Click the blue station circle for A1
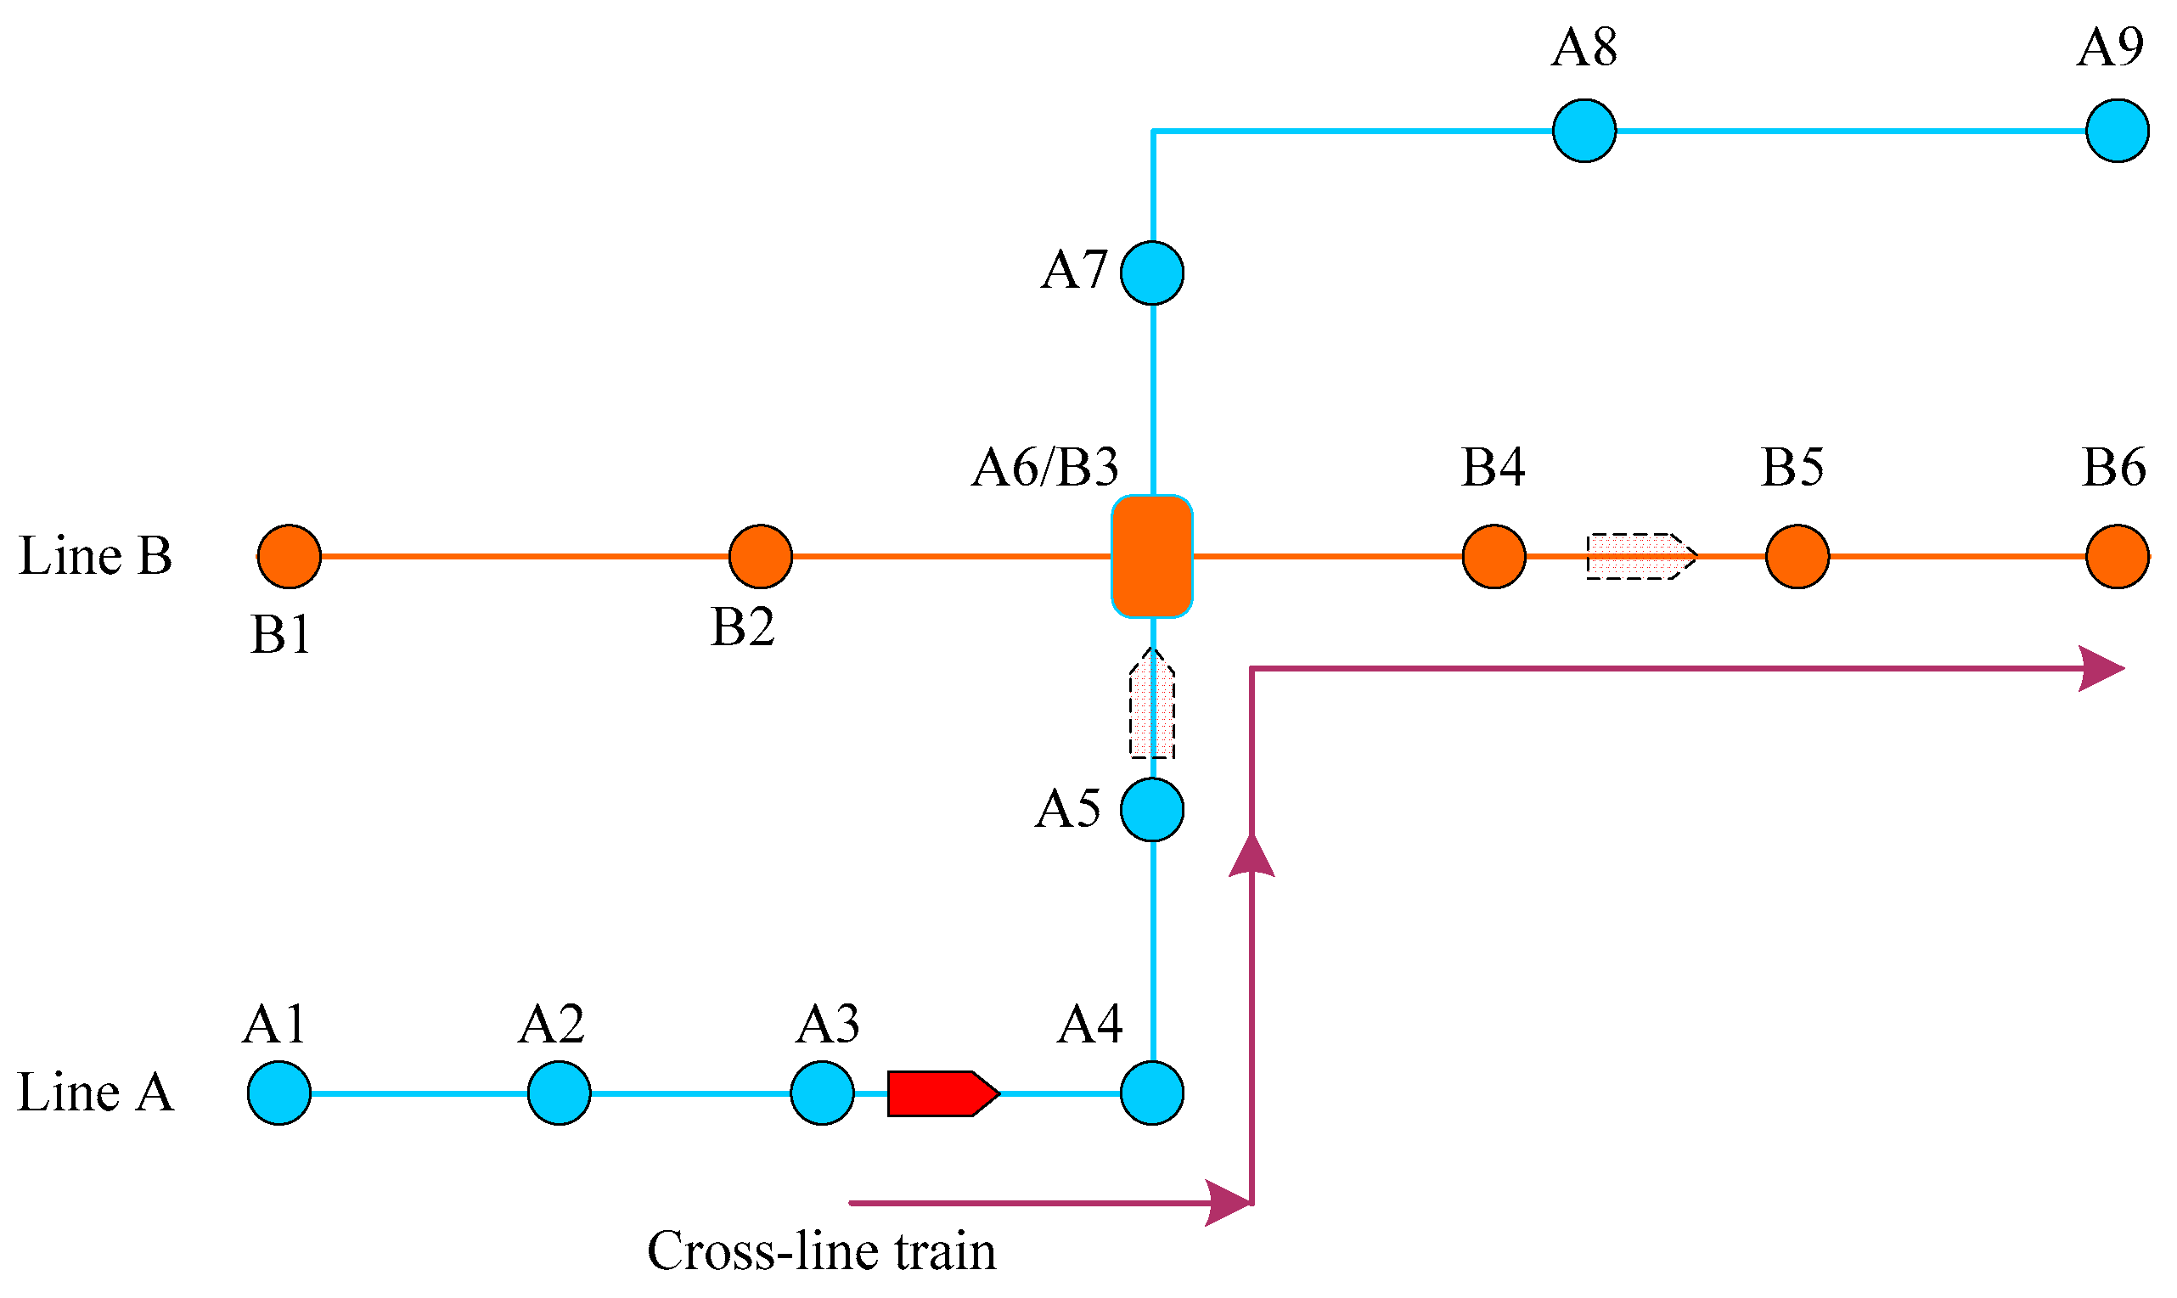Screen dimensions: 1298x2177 279,1093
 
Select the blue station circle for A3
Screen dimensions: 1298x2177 822,1093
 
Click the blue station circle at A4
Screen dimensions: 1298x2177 1152,1093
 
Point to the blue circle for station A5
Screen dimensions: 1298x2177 1152,810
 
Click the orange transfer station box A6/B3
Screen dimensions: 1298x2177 1152,556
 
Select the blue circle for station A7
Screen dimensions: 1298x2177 1152,273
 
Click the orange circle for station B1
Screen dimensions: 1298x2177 290,556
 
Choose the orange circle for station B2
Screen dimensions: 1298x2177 760,556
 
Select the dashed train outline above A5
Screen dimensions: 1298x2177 1152,705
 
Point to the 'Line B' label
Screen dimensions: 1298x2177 95,555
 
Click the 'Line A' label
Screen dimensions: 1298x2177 95,1093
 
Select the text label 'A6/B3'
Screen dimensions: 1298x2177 1045,467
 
